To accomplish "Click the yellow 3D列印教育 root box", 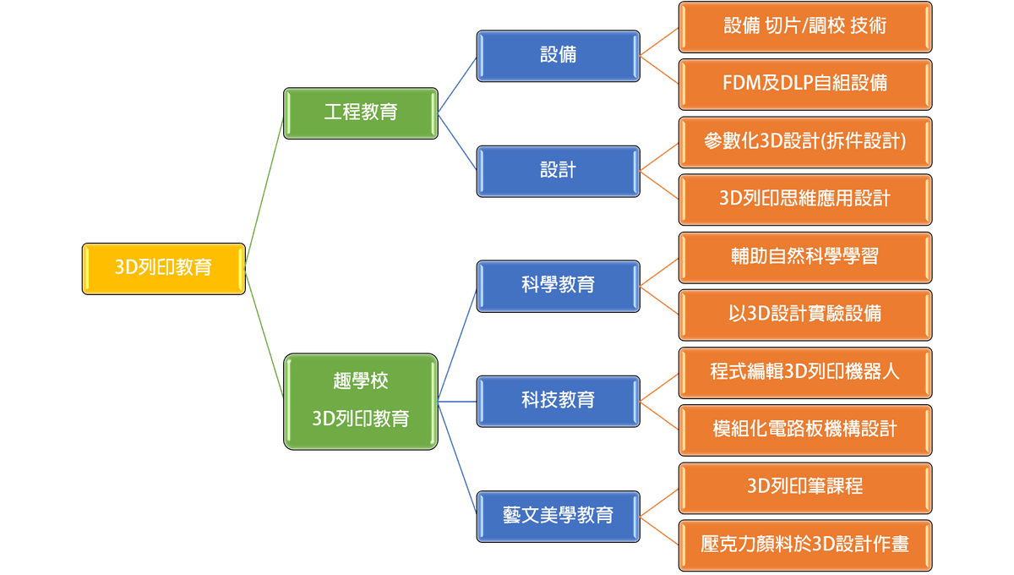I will tap(164, 269).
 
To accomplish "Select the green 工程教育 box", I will tap(361, 112).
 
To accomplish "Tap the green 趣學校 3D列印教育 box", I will tap(361, 402).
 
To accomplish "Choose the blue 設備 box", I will tap(558, 56).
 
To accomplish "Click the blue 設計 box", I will tap(558, 171).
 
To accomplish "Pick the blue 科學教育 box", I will tap(558, 285).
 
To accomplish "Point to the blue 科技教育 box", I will tap(558, 400).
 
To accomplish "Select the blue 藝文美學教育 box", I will tap(558, 515).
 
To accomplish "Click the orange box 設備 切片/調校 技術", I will tap(804, 26).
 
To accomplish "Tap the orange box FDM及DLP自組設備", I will tap(804, 84).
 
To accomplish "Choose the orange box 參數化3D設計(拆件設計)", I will tap(804, 141).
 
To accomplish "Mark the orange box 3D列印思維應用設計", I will tap(804, 199).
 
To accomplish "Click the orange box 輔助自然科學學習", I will tap(804, 256).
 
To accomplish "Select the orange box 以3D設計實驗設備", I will tap(804, 314).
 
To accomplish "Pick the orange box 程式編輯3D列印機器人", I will tap(804, 371).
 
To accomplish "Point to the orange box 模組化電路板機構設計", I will tap(804, 429).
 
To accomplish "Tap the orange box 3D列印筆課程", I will tap(804, 486).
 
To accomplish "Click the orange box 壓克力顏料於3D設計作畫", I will tap(804, 544).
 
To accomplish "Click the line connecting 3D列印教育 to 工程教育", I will tap(265, 190).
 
